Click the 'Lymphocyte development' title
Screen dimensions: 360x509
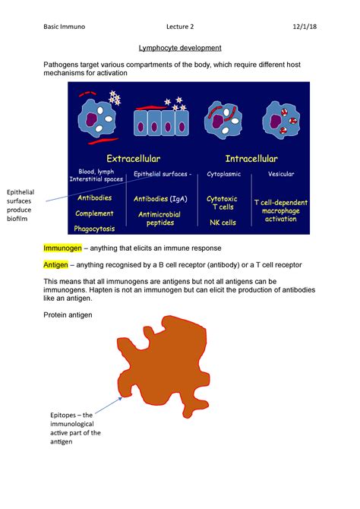(x=179, y=48)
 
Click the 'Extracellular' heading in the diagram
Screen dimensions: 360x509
(x=133, y=159)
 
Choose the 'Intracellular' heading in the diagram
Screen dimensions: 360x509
(x=251, y=159)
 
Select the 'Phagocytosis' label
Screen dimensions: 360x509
(x=94, y=228)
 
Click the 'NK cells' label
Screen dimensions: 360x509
(x=223, y=223)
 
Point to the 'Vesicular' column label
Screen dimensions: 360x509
(x=281, y=174)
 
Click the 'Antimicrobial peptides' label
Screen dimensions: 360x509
(x=160, y=219)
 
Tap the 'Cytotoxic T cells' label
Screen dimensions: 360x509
(x=222, y=202)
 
